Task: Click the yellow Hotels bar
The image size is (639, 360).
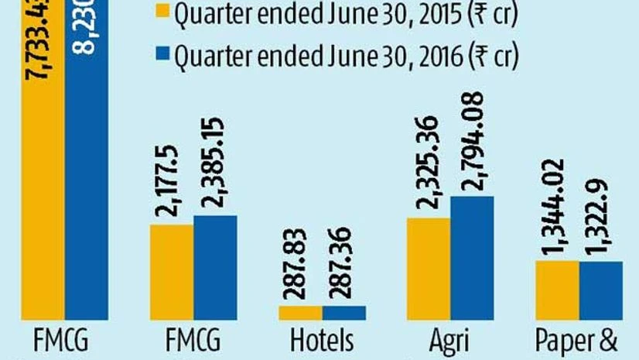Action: (x=300, y=313)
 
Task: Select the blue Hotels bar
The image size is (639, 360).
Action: (x=344, y=313)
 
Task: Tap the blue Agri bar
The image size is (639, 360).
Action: (x=471, y=258)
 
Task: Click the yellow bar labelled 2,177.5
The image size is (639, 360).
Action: (x=172, y=272)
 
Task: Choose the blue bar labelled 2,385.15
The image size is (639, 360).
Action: (x=215, y=267)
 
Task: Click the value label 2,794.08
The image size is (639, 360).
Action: (x=471, y=142)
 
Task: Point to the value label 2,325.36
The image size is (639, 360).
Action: (x=428, y=165)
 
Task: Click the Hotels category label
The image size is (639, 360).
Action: (x=322, y=341)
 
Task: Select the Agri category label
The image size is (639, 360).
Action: (x=449, y=341)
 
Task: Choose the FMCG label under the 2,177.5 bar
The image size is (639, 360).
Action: (x=193, y=341)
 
